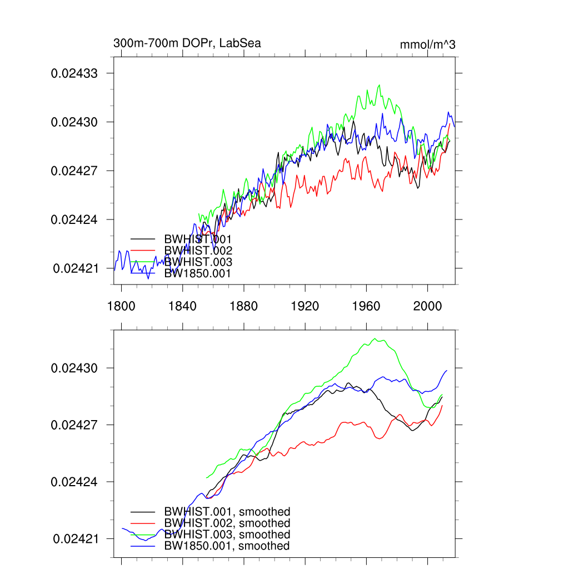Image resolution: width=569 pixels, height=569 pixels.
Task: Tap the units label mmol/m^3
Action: (427, 44)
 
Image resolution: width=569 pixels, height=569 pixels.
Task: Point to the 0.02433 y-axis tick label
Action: (74, 73)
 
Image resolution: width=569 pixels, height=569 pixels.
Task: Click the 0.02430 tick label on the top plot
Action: (74, 122)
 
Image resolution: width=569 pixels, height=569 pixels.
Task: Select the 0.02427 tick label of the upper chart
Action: (74, 171)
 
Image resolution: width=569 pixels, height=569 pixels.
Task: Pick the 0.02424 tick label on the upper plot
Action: (74, 219)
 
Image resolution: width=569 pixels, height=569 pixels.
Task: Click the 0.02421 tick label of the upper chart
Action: (76, 268)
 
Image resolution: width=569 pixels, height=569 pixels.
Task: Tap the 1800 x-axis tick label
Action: (121, 305)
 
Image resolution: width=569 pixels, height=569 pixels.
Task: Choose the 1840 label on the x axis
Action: (182, 305)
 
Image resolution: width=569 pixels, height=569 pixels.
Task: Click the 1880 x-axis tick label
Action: (243, 305)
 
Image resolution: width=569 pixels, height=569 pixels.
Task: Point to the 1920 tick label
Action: (305, 305)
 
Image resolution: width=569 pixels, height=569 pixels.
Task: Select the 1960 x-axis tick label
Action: (366, 305)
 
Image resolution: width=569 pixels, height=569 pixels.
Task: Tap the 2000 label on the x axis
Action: (427, 305)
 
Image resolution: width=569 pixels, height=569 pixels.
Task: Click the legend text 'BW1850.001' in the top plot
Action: (197, 273)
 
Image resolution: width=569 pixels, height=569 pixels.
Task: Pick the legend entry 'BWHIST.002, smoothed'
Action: (227, 523)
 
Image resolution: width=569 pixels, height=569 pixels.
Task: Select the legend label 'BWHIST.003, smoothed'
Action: (227, 535)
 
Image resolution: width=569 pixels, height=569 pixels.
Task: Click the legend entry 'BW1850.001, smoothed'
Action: (227, 546)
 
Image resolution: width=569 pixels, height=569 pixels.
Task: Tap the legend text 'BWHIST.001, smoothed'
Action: (227, 512)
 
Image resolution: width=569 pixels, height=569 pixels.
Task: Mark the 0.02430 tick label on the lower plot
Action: (74, 368)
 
